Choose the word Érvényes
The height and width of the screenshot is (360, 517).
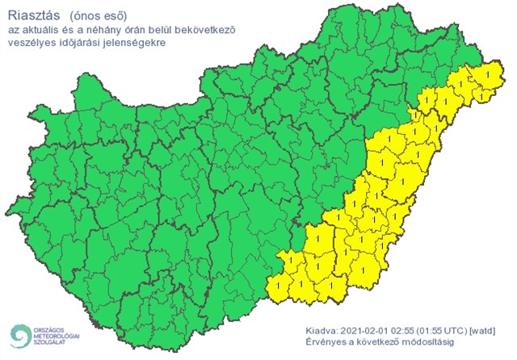[x=327, y=343]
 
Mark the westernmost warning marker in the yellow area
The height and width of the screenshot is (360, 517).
[x=279, y=284]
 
